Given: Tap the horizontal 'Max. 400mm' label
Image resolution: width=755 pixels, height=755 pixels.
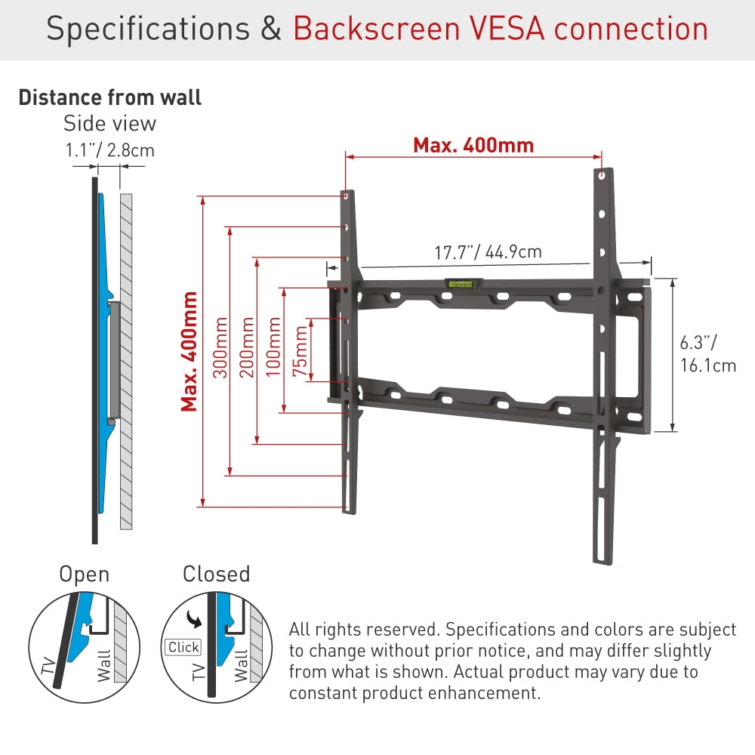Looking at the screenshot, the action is [x=473, y=145].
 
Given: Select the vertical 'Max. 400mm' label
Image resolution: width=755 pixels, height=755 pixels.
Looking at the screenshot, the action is [x=190, y=351].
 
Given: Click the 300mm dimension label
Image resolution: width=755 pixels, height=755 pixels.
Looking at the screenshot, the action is [x=220, y=347].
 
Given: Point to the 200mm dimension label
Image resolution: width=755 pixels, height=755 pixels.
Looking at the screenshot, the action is [x=247, y=347].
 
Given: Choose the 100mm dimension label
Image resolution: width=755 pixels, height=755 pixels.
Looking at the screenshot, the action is [x=273, y=347].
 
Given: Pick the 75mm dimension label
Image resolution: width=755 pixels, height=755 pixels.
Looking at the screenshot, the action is [x=300, y=351].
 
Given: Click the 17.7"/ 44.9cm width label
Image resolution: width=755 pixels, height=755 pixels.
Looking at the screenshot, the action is [x=488, y=252].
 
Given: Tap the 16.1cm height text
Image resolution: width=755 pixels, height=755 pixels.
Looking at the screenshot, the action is [x=708, y=365].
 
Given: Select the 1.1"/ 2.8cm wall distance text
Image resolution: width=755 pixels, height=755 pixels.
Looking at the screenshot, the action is [x=109, y=150].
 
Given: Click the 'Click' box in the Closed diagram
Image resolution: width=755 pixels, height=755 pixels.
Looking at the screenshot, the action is [x=183, y=647].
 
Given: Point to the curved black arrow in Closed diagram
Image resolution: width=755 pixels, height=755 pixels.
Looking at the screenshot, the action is [x=194, y=619].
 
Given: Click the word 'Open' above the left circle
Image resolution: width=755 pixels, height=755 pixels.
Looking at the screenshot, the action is [x=85, y=575].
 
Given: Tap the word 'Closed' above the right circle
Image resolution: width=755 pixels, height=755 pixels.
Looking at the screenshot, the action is [x=216, y=574].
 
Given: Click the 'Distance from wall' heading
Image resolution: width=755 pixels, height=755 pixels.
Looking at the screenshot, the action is [x=109, y=97].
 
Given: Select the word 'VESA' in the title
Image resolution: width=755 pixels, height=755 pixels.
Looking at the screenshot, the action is [x=507, y=29].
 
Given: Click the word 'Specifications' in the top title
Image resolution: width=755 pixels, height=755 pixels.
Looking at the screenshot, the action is [x=148, y=29].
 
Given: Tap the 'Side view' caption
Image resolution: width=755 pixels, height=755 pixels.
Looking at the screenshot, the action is [x=109, y=123].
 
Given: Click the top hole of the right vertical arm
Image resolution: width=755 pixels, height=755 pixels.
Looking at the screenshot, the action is [x=602, y=175].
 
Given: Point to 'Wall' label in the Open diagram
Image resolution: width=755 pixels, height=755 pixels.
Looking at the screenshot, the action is [x=104, y=666].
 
